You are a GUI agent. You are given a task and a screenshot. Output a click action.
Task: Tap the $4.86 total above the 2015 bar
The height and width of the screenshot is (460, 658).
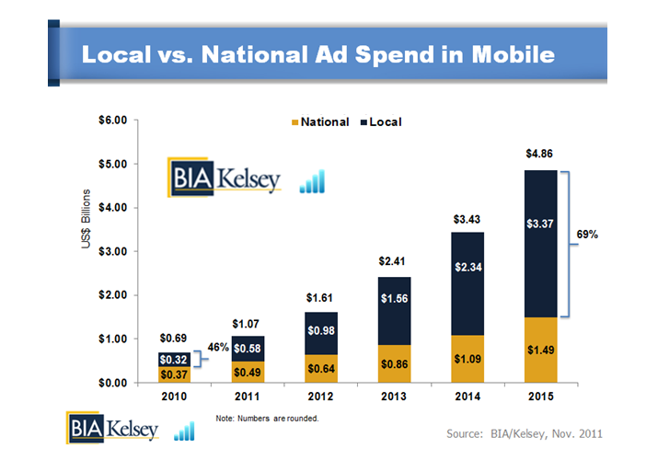pos(540,155)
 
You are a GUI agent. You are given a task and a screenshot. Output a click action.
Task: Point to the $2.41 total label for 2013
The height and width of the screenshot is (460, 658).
pos(393,261)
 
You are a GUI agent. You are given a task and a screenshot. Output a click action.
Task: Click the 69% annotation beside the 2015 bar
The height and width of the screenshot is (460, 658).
pos(587,235)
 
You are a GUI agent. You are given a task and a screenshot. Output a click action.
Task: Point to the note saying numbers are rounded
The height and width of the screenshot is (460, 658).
pos(267,419)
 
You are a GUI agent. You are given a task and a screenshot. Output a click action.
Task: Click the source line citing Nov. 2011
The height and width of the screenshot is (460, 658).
pos(525,432)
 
